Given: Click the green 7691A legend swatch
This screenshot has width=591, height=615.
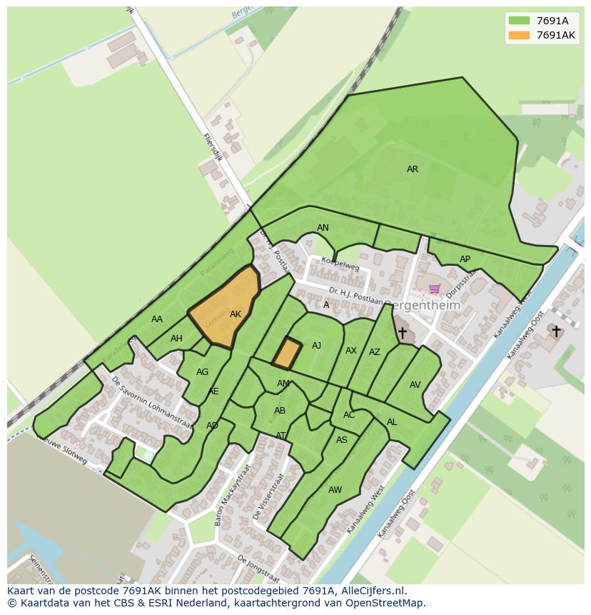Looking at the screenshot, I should coord(519,21).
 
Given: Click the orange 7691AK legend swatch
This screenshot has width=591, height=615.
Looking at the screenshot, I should coord(519,35).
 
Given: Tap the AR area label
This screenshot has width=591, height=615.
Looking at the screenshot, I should coord(413,169).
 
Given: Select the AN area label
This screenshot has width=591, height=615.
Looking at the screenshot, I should coord(323,228).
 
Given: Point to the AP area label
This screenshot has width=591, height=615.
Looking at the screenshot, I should coord(465,259).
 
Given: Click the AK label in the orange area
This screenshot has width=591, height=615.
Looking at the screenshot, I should coord(236,314).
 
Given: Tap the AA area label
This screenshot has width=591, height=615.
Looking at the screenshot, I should coord(157,319).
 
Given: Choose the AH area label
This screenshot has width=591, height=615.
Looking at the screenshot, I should coord(176,339).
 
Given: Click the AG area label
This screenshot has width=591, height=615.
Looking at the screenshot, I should coord(202,372).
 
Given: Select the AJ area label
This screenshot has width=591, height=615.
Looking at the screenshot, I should coord(316,346).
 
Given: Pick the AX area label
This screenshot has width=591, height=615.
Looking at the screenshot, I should coord(350,351).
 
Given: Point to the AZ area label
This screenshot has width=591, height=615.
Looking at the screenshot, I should coord(375,352).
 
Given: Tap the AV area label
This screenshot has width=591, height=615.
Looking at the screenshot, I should coord(415,385).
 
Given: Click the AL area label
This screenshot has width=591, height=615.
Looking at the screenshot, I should coord(392,422).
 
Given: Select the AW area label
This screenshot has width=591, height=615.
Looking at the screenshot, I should coord(335,489).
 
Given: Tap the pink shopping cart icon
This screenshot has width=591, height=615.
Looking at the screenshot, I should coord(434,289).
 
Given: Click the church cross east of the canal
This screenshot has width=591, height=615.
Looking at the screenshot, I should coord(556,331).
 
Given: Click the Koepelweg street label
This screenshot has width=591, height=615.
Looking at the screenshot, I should coord(340,265).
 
